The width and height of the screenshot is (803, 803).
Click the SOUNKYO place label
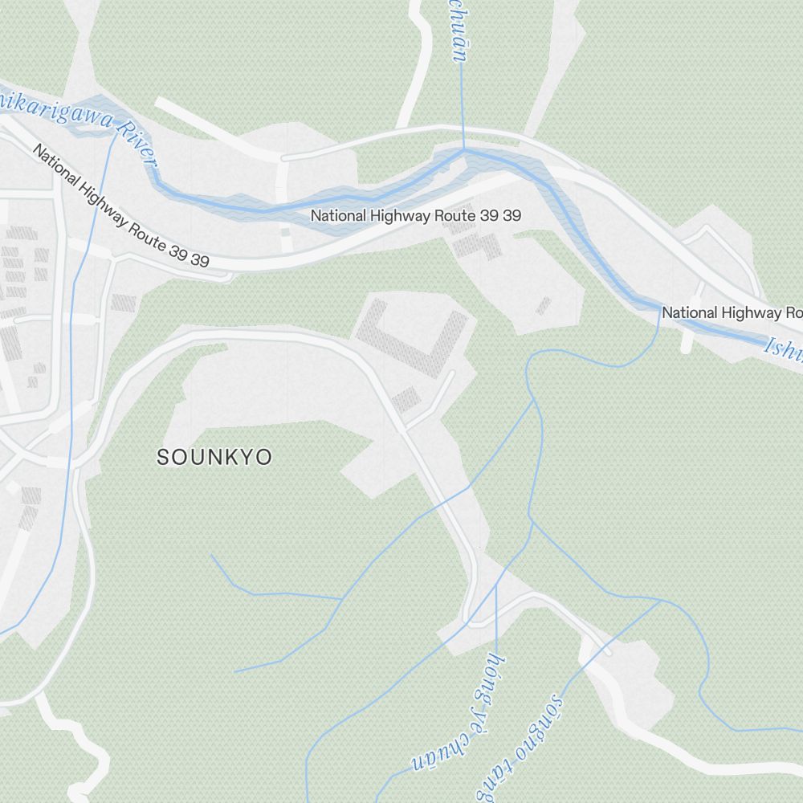(214, 458)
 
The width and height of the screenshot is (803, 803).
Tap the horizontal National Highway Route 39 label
(416, 215)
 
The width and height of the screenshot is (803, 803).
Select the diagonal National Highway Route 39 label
(120, 206)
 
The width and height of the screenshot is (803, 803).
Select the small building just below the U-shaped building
(406, 399)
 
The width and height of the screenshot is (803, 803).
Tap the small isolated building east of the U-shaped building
(544, 306)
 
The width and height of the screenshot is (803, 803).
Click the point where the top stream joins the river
(463, 149)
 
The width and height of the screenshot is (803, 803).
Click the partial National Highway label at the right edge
(731, 312)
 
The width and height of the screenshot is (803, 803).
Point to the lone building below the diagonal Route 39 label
(124, 303)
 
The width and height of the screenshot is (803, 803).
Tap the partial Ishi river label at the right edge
(783, 348)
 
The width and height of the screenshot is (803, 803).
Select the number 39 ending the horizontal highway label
(512, 215)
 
